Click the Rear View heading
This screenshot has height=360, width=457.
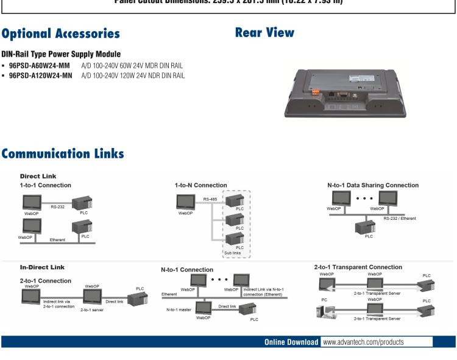point(264,32)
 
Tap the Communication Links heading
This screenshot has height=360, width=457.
point(63,154)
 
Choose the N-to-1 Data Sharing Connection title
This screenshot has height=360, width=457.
point(373,185)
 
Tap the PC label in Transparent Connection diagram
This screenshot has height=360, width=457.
point(323,300)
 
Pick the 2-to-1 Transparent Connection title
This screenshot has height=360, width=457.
point(358,267)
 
